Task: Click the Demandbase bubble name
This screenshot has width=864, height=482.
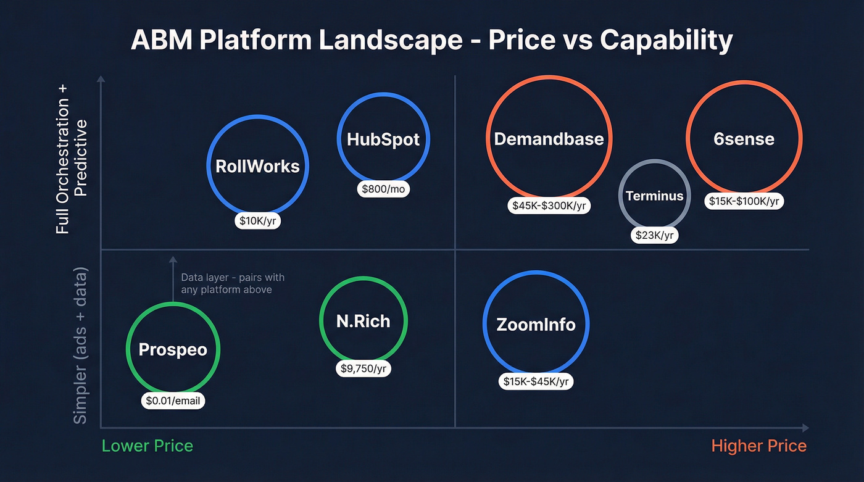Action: click(x=549, y=139)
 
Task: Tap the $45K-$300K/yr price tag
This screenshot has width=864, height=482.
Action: click(x=549, y=206)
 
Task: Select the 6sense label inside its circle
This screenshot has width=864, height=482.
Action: click(x=744, y=139)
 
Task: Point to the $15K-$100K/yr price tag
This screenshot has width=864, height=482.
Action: click(x=744, y=201)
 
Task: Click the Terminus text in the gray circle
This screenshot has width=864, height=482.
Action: click(x=654, y=196)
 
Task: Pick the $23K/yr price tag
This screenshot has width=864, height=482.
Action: click(x=654, y=235)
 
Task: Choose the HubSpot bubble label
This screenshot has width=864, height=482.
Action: click(x=383, y=139)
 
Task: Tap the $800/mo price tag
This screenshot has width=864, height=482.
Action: click(x=383, y=189)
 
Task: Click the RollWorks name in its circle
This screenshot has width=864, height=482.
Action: click(x=257, y=166)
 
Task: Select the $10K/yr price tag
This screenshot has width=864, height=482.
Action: click(x=257, y=221)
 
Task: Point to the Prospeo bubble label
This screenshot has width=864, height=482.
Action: click(x=173, y=350)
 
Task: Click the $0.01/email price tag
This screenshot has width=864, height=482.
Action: click(x=173, y=401)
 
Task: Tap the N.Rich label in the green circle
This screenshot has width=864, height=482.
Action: click(x=363, y=321)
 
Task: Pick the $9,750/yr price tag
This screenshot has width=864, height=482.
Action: click(x=363, y=368)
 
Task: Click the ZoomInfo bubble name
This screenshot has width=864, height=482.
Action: click(x=536, y=325)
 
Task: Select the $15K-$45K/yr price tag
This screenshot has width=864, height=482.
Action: click(x=536, y=381)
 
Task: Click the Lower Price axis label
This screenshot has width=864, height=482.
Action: click(x=147, y=446)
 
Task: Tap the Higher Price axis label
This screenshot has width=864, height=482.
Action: click(x=758, y=446)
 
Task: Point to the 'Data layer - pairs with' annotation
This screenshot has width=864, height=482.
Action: click(x=233, y=278)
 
